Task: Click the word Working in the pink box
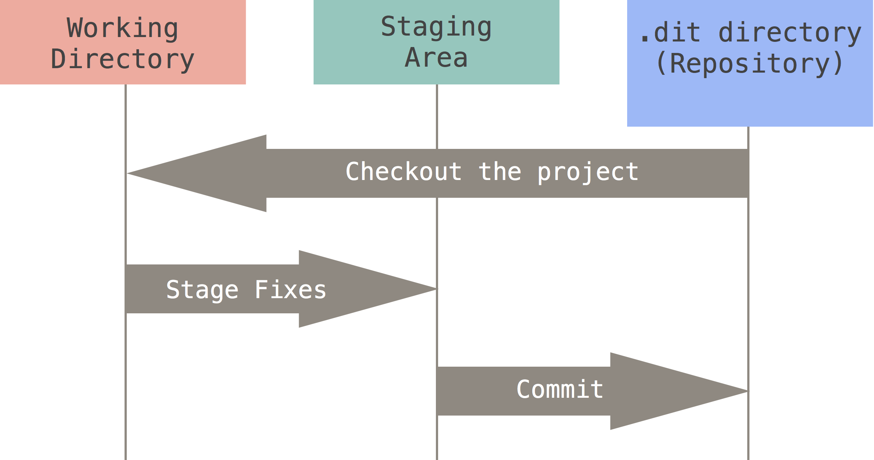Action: [x=122, y=29]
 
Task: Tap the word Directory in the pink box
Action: [x=122, y=60]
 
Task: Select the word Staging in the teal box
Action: [x=436, y=27]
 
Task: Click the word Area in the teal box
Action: [x=436, y=58]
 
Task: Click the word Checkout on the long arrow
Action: [x=404, y=171]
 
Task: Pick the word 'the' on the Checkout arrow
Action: [x=500, y=171]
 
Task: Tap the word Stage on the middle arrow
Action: [x=202, y=290]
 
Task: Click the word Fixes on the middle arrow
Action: [x=290, y=289]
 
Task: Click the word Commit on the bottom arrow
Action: [x=560, y=389]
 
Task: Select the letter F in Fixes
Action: [x=262, y=289]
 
